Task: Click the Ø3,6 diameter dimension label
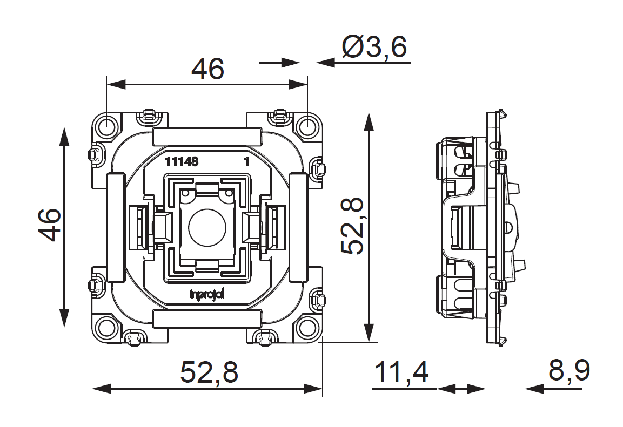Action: [x=374, y=48]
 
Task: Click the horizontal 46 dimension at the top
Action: [x=208, y=69]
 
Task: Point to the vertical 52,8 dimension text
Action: [x=352, y=226]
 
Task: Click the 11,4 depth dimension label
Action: [x=401, y=372]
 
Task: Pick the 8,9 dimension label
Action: [x=569, y=371]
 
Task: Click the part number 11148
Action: [x=182, y=161]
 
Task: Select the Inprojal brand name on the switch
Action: [x=207, y=294]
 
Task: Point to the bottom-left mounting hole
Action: [x=106, y=327]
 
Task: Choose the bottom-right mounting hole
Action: [x=307, y=327]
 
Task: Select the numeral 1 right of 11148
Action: [x=246, y=161]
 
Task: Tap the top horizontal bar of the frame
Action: [x=207, y=136]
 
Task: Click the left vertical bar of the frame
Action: [x=115, y=227]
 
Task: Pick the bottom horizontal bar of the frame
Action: [x=207, y=318]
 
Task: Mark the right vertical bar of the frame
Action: [x=298, y=227]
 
